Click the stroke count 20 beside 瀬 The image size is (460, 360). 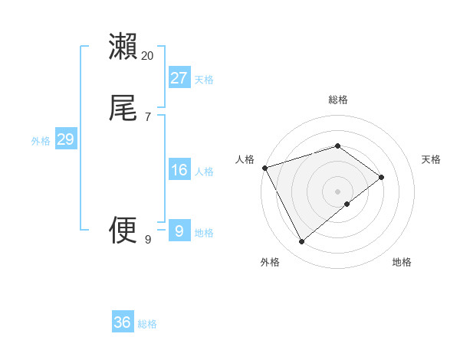[x=148, y=56]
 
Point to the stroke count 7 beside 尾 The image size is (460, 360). [x=148, y=117]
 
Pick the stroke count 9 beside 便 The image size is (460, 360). [x=148, y=240]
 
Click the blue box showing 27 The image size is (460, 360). [x=179, y=78]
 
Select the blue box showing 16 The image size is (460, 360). [x=179, y=170]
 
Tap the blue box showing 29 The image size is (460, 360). [x=65, y=139]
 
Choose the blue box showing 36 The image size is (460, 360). [x=123, y=322]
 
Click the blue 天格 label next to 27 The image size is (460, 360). [x=204, y=80]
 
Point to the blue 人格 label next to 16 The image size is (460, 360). [x=204, y=172]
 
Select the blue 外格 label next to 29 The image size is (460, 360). [x=41, y=141]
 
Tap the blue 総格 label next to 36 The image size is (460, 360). [x=147, y=324]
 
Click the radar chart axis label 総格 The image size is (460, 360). [x=338, y=100]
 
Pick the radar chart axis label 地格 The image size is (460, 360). [x=402, y=263]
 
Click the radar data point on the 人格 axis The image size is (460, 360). [x=264, y=167]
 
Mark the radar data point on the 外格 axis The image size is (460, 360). [x=301, y=242]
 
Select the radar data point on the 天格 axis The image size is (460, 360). [x=382, y=177]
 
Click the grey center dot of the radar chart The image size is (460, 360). [x=338, y=191]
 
